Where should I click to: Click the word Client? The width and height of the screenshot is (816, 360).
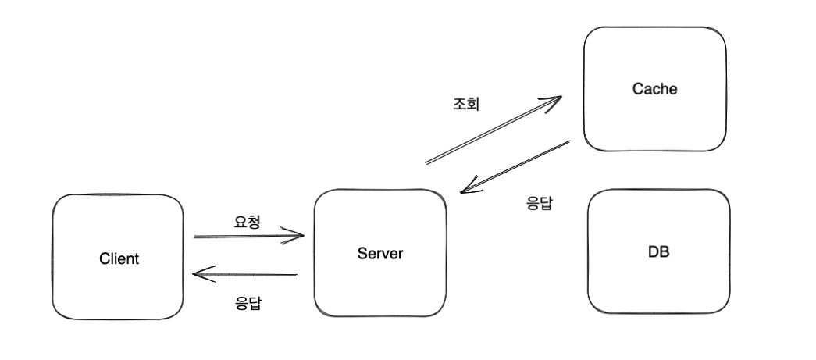click(119, 258)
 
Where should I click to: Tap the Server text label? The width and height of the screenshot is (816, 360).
click(380, 252)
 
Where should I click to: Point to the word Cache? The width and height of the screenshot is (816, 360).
click(654, 89)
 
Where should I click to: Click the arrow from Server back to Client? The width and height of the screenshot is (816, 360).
click(246, 274)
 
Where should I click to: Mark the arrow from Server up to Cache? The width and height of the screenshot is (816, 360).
click(492, 130)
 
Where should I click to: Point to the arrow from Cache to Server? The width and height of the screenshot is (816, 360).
click(515, 166)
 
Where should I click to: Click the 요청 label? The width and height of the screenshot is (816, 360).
click(247, 221)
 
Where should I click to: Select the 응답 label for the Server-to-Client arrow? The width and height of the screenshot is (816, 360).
click(248, 302)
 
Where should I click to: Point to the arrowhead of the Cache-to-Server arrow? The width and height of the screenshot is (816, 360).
click(465, 189)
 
